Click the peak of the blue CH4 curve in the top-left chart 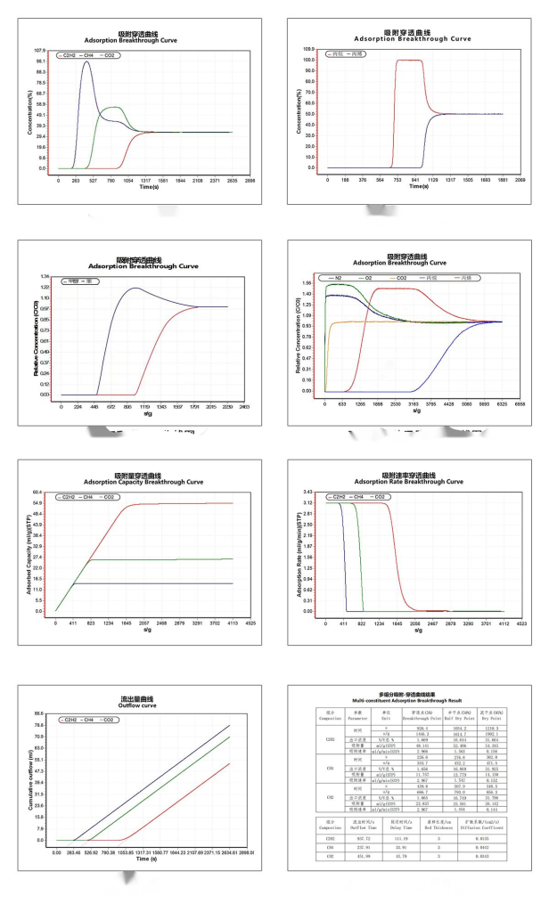(86, 62)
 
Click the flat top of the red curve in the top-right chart (409, 61)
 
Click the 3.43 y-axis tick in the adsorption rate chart (307, 492)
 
